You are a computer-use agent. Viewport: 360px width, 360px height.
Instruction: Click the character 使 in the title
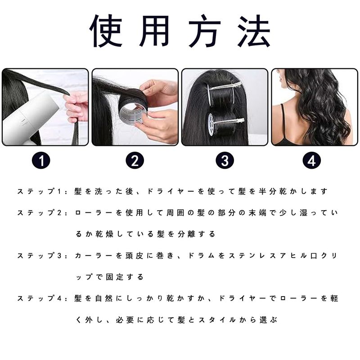(x=106, y=31)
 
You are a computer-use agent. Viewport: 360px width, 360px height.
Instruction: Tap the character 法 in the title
(x=254, y=31)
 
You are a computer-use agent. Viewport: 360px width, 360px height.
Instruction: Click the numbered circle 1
(x=41, y=161)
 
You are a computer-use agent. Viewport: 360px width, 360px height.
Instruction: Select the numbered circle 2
(x=135, y=161)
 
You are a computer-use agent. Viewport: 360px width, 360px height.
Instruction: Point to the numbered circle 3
(x=225, y=161)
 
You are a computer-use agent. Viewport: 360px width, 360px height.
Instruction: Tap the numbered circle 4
(x=311, y=161)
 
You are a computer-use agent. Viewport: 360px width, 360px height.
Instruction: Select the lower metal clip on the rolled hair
(x=227, y=121)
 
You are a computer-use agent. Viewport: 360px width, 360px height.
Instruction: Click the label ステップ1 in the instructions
(x=39, y=191)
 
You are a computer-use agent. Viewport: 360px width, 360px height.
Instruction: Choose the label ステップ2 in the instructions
(x=39, y=213)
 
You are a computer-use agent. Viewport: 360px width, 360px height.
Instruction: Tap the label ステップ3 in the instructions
(x=39, y=256)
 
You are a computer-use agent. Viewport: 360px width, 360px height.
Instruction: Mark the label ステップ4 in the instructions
(x=39, y=298)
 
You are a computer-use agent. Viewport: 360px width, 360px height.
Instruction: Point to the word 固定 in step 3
(x=115, y=277)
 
